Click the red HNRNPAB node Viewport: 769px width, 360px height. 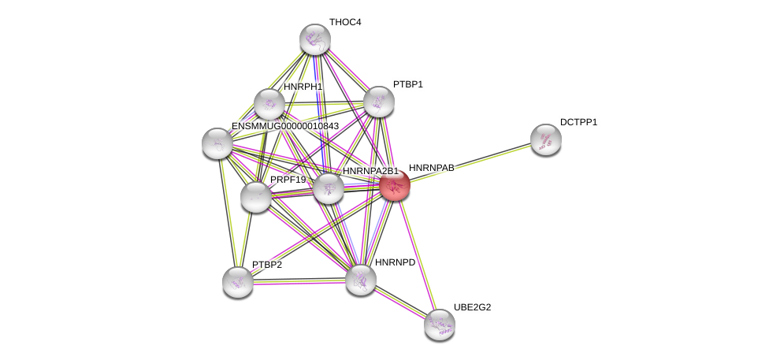tap(395, 186)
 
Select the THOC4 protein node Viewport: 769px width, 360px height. tap(315, 39)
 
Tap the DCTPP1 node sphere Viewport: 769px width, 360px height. tap(546, 139)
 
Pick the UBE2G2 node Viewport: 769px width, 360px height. tap(440, 325)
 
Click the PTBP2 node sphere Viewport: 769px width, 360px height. tap(238, 283)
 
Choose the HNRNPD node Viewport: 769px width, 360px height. tap(361, 280)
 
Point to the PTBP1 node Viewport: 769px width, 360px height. tap(379, 102)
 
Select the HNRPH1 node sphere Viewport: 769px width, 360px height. tap(269, 104)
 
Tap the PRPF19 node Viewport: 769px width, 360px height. tap(256, 197)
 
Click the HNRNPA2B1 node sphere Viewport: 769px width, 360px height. tap(328, 188)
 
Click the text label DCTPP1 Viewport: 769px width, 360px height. tap(578, 122)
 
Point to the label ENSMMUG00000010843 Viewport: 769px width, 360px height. tap(285, 126)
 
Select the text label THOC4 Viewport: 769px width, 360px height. tap(345, 22)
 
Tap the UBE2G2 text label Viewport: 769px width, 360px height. tap(472, 307)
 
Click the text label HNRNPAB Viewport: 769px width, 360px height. tap(432, 168)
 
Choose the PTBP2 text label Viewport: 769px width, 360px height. tap(267, 265)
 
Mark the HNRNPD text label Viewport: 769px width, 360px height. tap(396, 262)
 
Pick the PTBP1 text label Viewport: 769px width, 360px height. tap(408, 84)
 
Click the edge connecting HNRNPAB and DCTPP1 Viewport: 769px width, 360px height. tap(470, 163)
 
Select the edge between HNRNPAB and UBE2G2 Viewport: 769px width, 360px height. tap(417, 255)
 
